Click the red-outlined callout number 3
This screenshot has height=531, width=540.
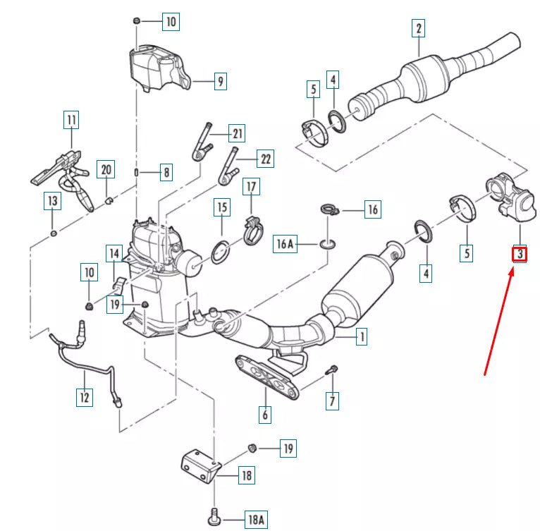(x=519, y=252)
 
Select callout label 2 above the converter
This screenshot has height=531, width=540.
(x=419, y=28)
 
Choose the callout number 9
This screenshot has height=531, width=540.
(x=220, y=82)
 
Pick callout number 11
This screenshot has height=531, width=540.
(x=71, y=121)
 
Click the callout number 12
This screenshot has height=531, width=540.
(x=84, y=398)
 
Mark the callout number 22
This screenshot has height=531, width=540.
(x=265, y=159)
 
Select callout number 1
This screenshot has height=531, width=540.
(x=361, y=338)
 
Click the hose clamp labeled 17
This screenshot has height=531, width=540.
(x=251, y=228)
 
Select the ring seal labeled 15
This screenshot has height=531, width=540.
(x=221, y=250)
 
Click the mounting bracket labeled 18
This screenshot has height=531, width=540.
(x=200, y=466)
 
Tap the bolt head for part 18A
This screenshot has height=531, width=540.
(x=214, y=520)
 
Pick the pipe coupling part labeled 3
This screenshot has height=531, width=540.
(x=509, y=196)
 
